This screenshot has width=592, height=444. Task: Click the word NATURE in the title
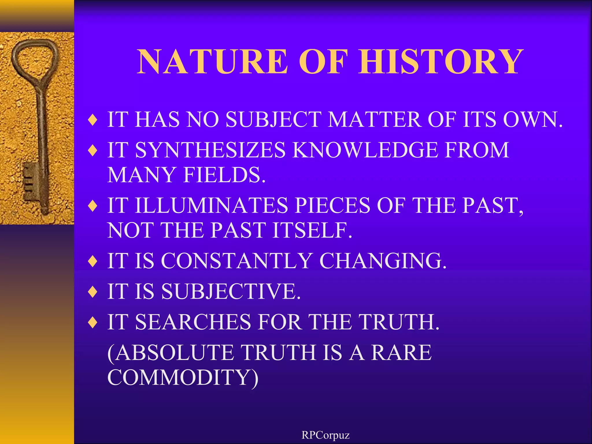212,61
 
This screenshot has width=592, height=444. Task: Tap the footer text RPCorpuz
325,435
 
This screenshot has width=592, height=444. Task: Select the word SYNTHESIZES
210,150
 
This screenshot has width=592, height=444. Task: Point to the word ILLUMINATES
212,206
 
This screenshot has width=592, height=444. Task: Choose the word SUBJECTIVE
231,291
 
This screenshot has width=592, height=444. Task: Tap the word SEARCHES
193,322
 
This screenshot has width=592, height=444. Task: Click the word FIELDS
224,175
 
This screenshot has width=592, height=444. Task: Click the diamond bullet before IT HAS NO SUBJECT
93,120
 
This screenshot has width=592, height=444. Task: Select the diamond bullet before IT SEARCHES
93,322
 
